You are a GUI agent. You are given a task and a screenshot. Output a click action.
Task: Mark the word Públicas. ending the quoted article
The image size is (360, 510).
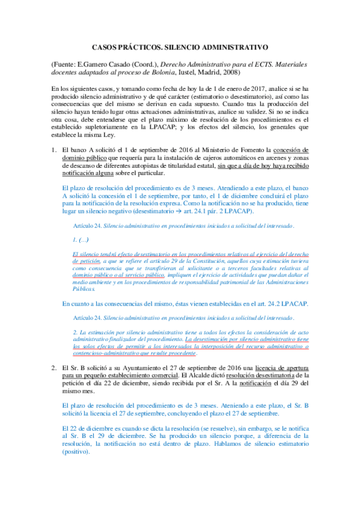pos(84,288)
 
